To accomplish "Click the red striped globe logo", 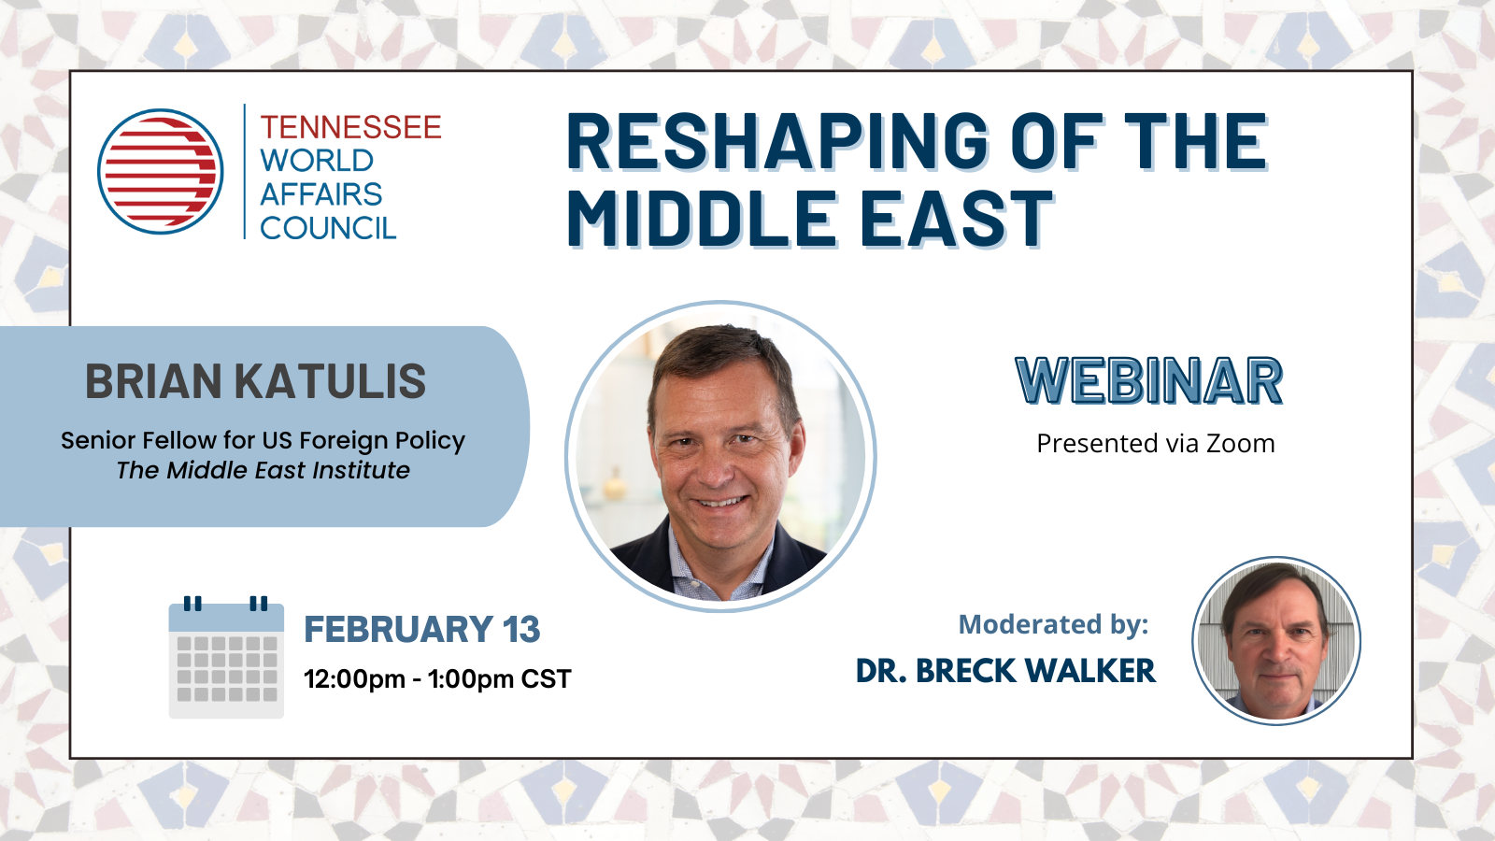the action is coord(160,172).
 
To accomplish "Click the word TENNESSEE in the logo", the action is coord(350,127).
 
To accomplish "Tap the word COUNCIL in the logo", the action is coord(328,228).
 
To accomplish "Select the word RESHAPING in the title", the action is coord(776,141).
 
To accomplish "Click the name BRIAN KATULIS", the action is coord(256,382).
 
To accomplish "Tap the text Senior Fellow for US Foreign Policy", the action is coord(263,440).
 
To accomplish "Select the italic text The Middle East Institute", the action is coord(263,471).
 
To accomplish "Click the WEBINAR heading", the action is coord(1148,381).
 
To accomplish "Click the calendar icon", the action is coord(226,657).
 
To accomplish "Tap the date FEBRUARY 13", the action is coord(421,629).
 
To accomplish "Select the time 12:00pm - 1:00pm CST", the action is coord(437,679).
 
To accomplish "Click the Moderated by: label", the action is coord(1053,625).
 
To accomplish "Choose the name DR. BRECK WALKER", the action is coord(1005,671).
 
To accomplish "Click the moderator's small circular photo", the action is coord(1276,641).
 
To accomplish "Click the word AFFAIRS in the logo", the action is coord(321,194).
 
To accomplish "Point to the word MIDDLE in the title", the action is coord(701,219).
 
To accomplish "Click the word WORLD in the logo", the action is coord(317,161).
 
